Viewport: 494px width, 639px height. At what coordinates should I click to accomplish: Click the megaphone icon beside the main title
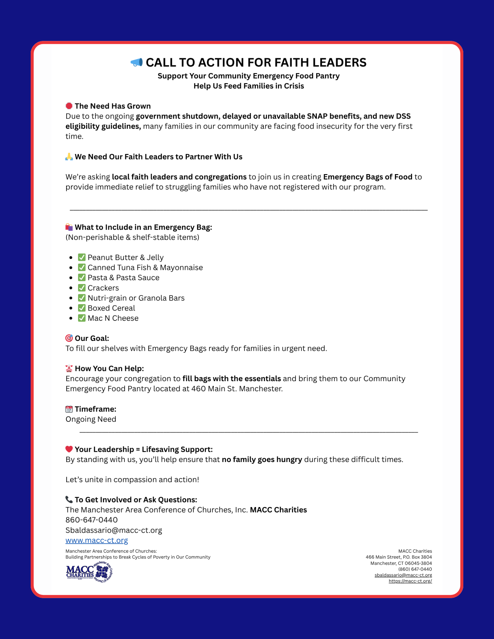(x=137, y=62)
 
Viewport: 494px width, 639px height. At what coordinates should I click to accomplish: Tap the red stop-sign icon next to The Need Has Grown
(x=69, y=106)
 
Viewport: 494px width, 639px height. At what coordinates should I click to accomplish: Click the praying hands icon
(x=69, y=157)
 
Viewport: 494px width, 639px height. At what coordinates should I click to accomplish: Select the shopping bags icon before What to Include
(x=69, y=227)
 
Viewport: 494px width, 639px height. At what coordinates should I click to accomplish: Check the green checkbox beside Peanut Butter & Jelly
(x=82, y=257)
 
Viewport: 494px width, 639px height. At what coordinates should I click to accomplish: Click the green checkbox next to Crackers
(x=82, y=288)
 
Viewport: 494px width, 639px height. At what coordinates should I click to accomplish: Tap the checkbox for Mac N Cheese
(x=82, y=318)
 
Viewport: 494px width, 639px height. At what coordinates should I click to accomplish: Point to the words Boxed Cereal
(x=111, y=308)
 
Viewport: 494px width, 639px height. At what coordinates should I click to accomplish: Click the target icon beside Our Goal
(x=69, y=338)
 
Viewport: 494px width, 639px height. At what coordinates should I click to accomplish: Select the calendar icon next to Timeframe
(x=69, y=409)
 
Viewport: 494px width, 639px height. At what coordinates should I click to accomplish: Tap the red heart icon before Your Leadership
(x=69, y=449)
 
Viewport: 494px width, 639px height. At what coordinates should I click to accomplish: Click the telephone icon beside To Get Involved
(x=69, y=499)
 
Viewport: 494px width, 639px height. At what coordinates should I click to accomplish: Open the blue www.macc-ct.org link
(x=97, y=540)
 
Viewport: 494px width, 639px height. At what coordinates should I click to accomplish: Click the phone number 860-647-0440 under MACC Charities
(x=91, y=520)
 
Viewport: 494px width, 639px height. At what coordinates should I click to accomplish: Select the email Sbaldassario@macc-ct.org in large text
(x=114, y=530)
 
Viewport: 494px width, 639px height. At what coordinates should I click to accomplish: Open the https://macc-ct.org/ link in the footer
(x=410, y=581)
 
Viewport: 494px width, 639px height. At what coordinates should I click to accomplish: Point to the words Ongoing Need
(x=91, y=419)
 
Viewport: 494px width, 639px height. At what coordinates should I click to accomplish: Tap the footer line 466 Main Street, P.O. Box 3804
(x=399, y=557)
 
